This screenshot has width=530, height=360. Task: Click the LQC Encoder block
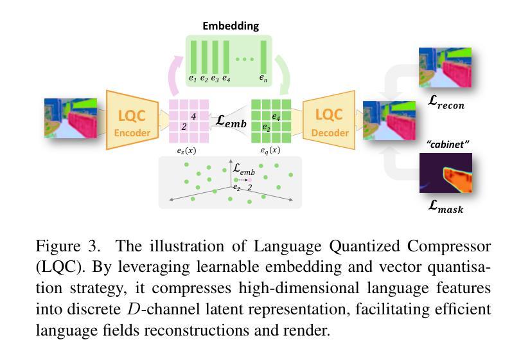132,120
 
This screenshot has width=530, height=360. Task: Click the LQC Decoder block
329,120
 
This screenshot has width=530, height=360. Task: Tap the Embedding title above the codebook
231,26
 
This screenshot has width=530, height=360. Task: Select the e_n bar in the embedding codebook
263,57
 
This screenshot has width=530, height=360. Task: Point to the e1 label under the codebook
193,78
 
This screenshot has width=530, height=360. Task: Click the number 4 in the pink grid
193,116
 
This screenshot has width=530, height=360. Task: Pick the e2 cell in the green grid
267,127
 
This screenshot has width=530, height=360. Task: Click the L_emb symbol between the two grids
231,121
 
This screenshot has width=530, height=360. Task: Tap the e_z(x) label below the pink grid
186,151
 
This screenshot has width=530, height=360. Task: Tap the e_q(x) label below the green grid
270,150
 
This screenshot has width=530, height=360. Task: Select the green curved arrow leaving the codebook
283,75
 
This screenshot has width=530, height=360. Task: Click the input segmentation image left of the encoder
71,118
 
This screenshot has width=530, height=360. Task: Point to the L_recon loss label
446,102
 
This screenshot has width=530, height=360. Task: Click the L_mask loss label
445,206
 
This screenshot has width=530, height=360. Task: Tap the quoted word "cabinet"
448,145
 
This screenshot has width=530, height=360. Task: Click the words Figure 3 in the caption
68,246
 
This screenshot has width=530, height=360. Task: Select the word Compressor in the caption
449,247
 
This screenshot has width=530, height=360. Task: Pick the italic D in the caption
134,309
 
